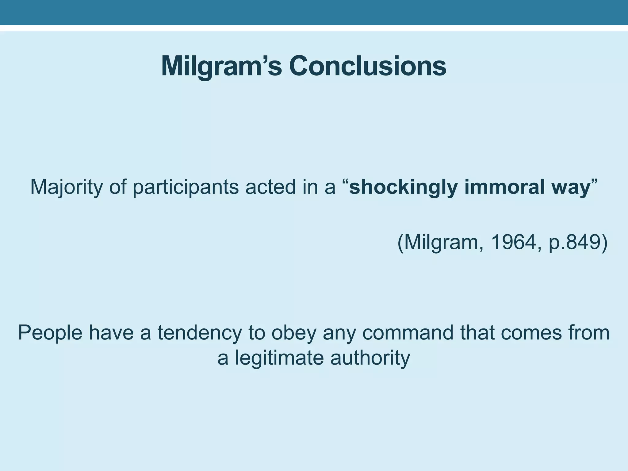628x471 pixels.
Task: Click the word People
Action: click(50, 333)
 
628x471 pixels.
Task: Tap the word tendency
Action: click(200, 333)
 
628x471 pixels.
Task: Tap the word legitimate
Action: click(279, 358)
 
